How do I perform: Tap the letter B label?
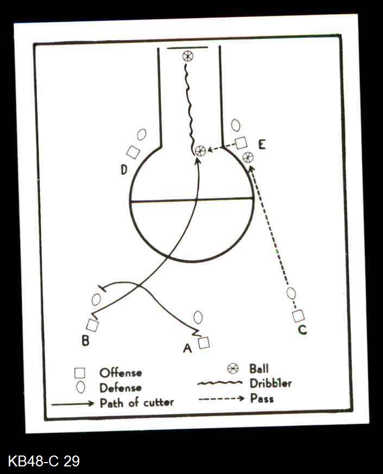coord(85,341)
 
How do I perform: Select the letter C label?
coord(303,330)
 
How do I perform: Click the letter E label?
coord(262,144)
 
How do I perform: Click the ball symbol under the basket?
coord(187,55)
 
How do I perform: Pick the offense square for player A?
coord(204,343)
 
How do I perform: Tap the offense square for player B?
coord(92,325)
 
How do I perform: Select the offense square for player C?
coord(298,315)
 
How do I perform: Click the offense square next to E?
coord(241,143)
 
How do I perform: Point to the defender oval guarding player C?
coord(292,293)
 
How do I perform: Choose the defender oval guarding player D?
coord(142,134)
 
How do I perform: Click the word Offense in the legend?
coord(121,373)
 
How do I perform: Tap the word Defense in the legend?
coord(121,388)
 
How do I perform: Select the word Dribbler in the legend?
coord(271,383)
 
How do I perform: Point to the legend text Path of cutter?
coord(136,403)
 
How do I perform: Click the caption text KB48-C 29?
coord(44,462)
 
